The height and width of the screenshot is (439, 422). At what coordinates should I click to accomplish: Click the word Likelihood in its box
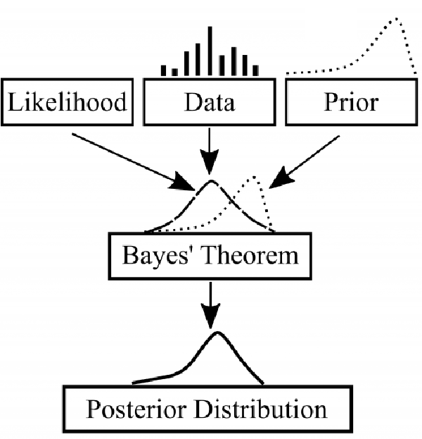(68, 101)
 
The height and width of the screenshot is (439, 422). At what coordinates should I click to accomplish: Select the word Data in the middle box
(210, 102)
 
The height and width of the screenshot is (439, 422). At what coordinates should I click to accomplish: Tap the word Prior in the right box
(351, 101)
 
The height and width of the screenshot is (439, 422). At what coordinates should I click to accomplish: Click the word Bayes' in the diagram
(155, 256)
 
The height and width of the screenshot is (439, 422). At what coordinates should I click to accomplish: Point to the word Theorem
(251, 255)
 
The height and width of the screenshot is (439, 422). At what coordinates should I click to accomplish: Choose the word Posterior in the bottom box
(136, 410)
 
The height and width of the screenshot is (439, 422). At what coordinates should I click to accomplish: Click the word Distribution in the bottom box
(261, 409)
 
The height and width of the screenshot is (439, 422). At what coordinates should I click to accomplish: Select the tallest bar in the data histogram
(210, 51)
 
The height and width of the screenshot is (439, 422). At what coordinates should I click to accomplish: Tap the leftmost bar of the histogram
(163, 70)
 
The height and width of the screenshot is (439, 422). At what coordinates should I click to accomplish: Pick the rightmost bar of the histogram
(256, 70)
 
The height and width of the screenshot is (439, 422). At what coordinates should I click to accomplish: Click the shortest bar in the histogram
(175, 73)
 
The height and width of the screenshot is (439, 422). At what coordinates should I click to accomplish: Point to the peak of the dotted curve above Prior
(396, 19)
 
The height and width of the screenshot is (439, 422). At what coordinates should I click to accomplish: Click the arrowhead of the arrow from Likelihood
(181, 182)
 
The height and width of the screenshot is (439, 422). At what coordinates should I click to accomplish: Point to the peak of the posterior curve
(217, 333)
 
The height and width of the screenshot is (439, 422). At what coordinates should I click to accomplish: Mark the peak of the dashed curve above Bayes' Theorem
(211, 181)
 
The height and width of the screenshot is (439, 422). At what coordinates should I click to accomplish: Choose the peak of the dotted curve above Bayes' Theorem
(254, 177)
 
